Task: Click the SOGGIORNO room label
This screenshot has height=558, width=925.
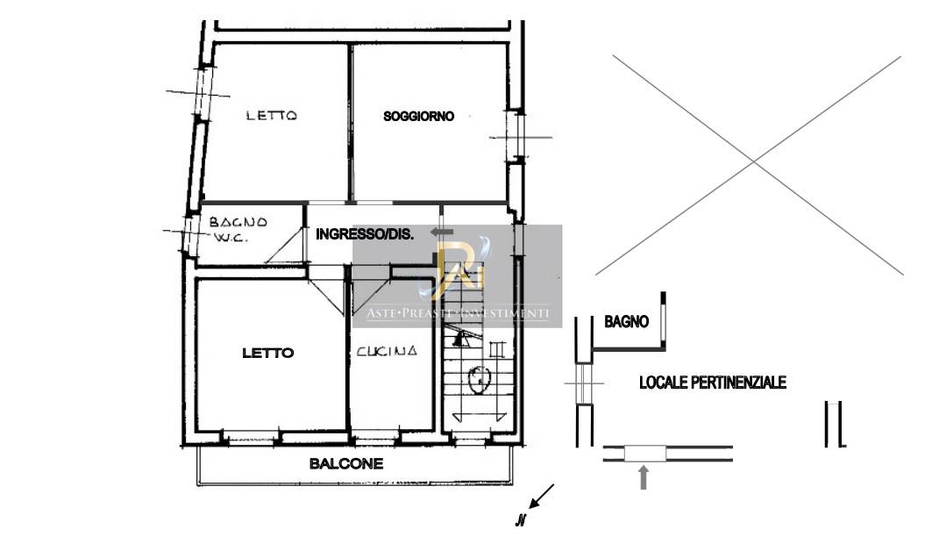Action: point(419,117)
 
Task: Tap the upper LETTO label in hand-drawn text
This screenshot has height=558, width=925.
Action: point(272,115)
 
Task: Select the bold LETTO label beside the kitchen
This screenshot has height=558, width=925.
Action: point(267,353)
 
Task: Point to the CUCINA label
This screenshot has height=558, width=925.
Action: point(387,351)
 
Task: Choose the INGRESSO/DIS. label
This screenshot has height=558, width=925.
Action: point(365,234)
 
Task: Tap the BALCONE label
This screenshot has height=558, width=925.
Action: point(346,464)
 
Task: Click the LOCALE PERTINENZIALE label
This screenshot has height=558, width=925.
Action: point(713,383)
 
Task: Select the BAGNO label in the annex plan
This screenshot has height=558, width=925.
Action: point(627,322)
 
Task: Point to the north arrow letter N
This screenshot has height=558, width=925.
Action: point(520,520)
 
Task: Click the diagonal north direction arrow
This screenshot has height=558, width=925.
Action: point(542,496)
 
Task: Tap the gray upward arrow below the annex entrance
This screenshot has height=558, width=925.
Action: point(644,477)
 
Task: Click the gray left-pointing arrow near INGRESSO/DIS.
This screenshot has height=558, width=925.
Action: point(442,232)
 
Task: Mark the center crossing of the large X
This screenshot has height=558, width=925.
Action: point(753,161)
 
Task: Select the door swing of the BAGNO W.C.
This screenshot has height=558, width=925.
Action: point(284,246)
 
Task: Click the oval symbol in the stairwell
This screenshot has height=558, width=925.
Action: point(480,379)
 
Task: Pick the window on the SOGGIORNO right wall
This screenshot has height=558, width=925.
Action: point(516,137)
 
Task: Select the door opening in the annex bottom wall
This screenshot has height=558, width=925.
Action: point(644,454)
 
